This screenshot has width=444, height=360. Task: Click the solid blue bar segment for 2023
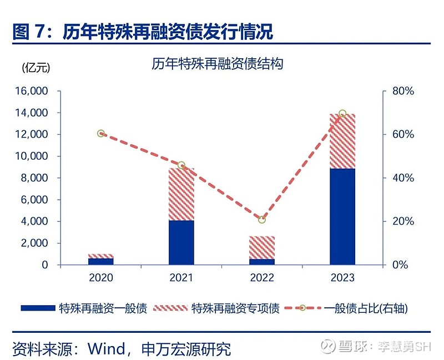[x=342, y=216]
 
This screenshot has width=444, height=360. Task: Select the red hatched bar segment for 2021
[x=181, y=194]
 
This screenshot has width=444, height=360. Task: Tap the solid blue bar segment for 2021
[x=181, y=242]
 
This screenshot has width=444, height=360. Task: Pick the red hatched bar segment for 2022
[x=261, y=247]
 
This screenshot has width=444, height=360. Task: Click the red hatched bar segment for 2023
[x=342, y=141]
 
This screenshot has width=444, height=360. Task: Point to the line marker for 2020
[x=101, y=134]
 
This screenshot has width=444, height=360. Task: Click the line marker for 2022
[x=262, y=220]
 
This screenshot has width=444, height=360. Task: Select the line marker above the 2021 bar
[x=181, y=165]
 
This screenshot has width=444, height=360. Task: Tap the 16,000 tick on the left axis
[x=34, y=91]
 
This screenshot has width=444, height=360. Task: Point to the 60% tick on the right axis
[x=402, y=134]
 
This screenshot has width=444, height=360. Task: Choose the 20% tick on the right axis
[x=402, y=221]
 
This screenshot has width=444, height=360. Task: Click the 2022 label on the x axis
[x=262, y=278]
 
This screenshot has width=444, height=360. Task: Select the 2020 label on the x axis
[x=101, y=278]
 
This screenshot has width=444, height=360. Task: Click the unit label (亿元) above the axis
[x=36, y=68]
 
